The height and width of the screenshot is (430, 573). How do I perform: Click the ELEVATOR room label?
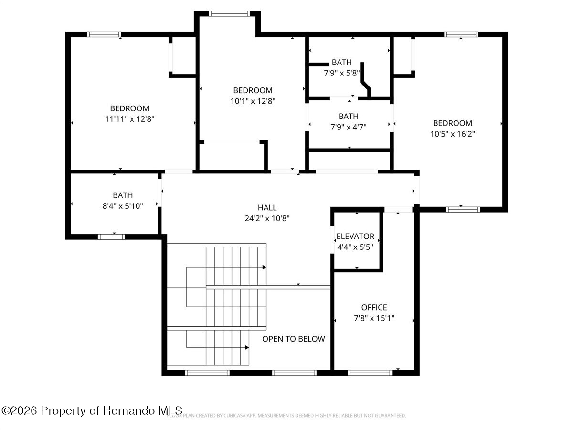(x=355, y=236)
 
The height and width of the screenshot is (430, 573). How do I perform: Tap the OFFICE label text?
(x=374, y=307)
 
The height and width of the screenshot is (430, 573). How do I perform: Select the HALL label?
(x=267, y=207)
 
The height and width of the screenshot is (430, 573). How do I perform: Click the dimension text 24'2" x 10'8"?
(x=267, y=218)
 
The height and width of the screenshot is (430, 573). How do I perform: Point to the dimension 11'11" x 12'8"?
(x=130, y=119)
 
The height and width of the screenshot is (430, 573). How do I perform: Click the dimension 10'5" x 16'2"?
(x=452, y=134)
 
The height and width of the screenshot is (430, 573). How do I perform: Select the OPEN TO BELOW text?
(x=294, y=339)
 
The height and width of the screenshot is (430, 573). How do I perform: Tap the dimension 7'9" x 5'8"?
(x=341, y=73)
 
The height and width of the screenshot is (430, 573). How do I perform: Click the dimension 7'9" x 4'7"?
(x=348, y=127)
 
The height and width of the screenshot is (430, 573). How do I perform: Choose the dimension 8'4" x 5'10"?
(x=123, y=205)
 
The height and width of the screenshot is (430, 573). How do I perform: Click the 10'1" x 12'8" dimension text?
(x=253, y=101)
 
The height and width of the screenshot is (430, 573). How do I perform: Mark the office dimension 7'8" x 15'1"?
(x=374, y=318)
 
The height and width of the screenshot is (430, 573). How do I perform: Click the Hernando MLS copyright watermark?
(x=92, y=410)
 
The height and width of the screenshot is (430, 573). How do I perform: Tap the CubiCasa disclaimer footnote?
(x=286, y=416)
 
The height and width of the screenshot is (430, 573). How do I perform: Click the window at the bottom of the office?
(x=370, y=373)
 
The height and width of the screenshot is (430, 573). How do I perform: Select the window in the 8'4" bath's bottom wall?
(x=111, y=236)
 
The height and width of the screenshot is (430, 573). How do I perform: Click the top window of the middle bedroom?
(x=229, y=14)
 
